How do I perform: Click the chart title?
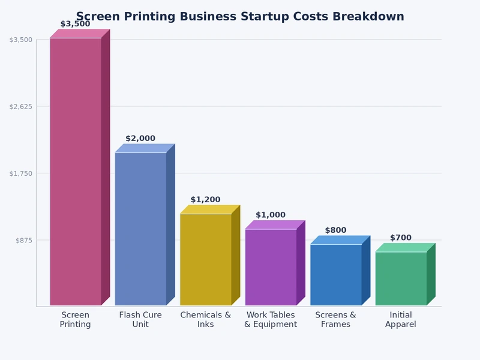coord(240,16)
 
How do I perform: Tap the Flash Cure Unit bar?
coord(140,229)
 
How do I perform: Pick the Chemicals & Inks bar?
coord(206,259)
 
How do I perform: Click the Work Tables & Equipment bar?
coord(271,267)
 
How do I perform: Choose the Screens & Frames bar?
coord(336,274)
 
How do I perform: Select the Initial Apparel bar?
coord(401,278)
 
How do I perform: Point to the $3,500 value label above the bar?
coord(76,24)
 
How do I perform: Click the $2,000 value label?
coord(140,139)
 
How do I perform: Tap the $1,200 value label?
coord(206,200)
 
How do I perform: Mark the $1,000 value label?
coord(271,215)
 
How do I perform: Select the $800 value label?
coord(336,230)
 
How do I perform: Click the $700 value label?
coord(401,238)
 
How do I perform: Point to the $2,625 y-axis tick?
coord(21,106)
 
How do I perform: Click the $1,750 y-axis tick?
coord(21,173)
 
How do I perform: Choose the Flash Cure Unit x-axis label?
coord(140,320)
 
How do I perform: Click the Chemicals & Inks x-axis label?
coord(206,320)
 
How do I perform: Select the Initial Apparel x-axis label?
coord(401,320)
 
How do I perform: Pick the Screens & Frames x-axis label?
coord(336,320)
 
